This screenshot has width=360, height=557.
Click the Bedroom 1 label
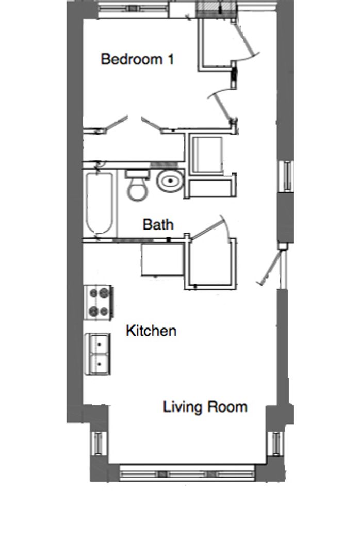[x=137, y=59]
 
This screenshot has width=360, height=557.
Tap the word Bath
[x=158, y=224]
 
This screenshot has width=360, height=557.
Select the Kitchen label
[x=151, y=331]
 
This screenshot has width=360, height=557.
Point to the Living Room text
[x=205, y=407]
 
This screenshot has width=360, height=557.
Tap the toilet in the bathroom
[x=138, y=186]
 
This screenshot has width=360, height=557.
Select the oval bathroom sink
[x=171, y=181]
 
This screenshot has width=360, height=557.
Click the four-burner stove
[x=99, y=302]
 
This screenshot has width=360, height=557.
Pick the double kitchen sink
[x=97, y=354]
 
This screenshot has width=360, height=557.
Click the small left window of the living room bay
[x=97, y=443]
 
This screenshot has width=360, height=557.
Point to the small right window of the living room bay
[x=277, y=443]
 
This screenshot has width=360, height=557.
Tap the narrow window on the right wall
[x=287, y=175]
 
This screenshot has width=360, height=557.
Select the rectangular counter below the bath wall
[x=162, y=259]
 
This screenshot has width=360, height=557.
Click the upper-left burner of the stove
[x=94, y=293]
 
